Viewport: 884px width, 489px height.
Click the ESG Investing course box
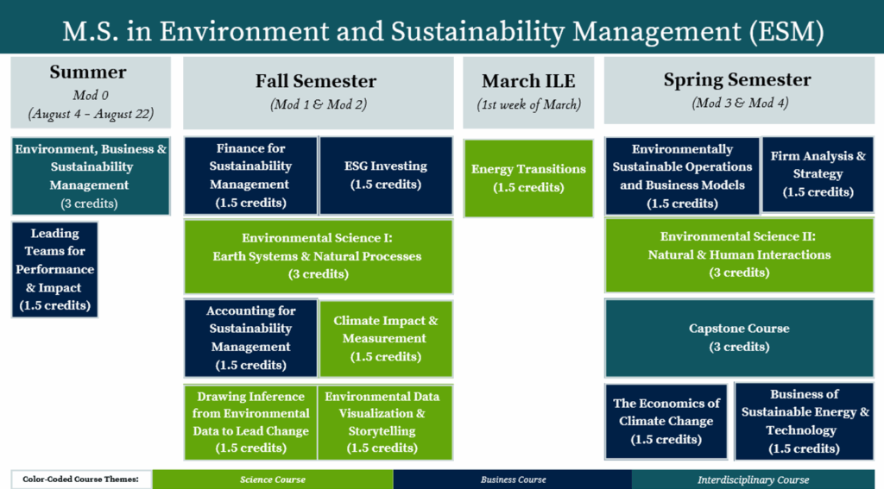386,175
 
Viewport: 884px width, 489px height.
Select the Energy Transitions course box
528,178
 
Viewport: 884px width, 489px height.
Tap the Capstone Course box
739,338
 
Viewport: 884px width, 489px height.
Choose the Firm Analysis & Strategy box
818,174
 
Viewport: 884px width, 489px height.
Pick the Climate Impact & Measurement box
386,339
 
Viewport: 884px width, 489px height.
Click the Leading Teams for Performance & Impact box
54,270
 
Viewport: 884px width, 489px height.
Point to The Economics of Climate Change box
666,422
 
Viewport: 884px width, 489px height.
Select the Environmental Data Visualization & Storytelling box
385,423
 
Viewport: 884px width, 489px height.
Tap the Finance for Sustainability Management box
251,175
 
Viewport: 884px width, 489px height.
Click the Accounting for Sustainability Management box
251,338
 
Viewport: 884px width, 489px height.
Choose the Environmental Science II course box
739,255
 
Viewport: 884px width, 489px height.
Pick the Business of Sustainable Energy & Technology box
805,422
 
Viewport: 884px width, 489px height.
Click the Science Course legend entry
273,480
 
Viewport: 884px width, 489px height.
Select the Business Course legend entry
513,480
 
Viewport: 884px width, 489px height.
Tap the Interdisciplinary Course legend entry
753,480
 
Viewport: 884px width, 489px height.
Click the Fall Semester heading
316,81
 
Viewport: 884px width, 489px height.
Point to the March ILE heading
528,81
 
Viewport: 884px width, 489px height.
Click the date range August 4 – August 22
91,114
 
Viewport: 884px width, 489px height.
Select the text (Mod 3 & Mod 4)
740,103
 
